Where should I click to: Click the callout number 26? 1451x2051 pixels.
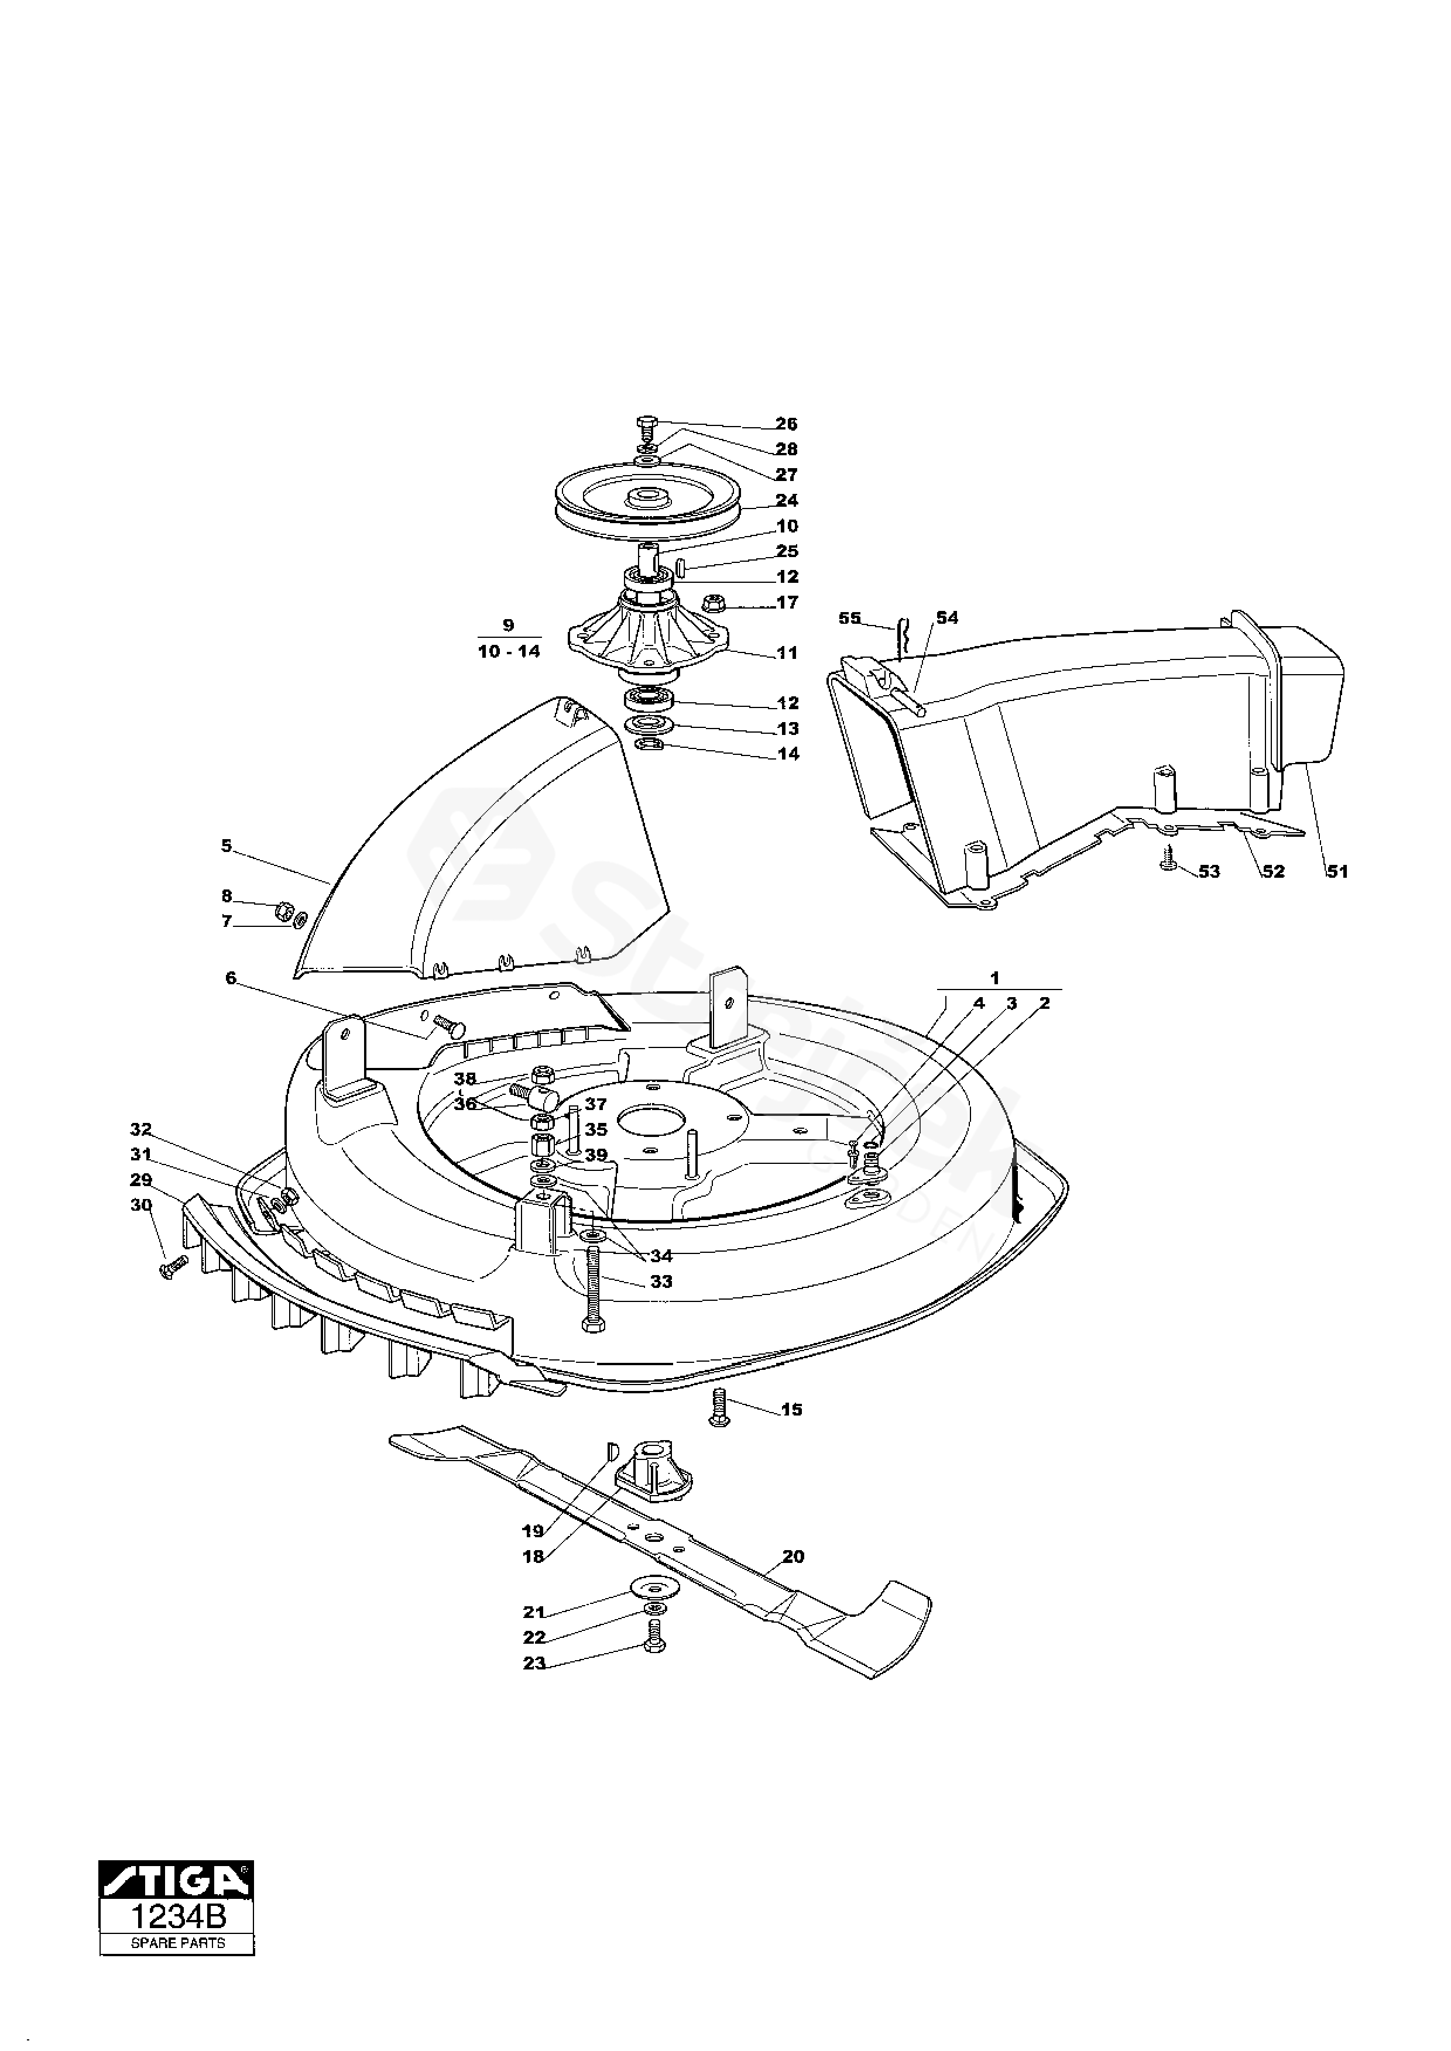786,424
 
